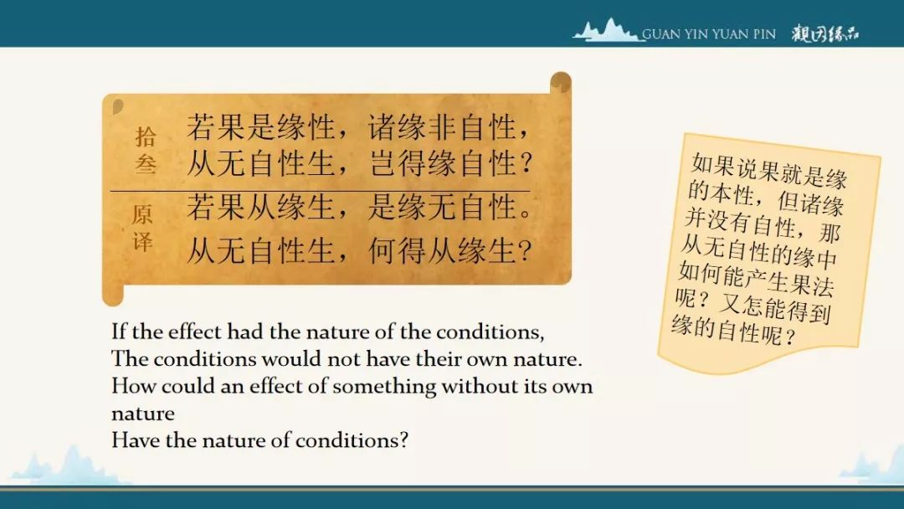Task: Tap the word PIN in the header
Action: tap(764, 34)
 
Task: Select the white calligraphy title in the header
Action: tap(825, 34)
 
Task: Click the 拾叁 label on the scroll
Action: tap(146, 150)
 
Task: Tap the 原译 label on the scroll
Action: tap(142, 228)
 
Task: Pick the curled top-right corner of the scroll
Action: tap(560, 82)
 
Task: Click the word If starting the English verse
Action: tap(119, 332)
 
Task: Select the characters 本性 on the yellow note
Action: tap(732, 194)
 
